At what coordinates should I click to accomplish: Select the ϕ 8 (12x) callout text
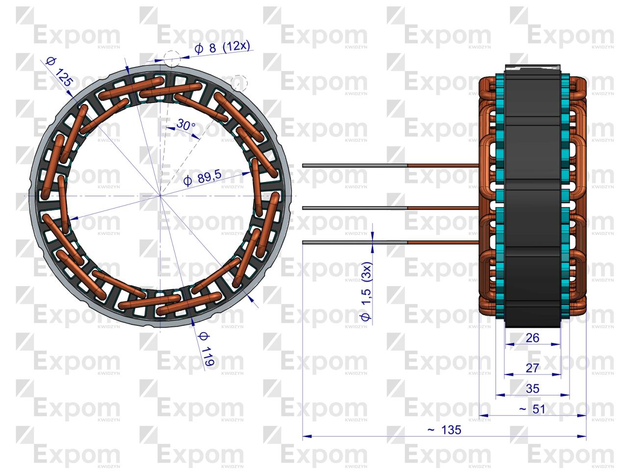[x=222, y=48]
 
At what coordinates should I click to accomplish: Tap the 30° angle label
[x=186, y=126]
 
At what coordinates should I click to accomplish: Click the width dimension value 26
[x=532, y=338]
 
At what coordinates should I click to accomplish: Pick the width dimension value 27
[x=532, y=367]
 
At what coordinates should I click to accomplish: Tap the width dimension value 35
[x=532, y=388]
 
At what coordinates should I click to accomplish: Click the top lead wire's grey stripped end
[x=353, y=165]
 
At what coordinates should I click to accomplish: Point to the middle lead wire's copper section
[x=442, y=208]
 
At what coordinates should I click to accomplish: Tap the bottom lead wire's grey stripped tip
[x=353, y=241]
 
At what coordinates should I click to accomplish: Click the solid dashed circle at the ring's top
[x=172, y=58]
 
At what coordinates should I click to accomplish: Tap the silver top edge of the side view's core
[x=532, y=65]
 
